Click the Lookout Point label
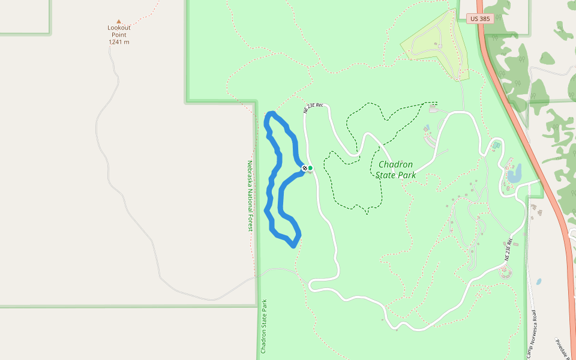[119, 31]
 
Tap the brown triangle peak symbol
[119, 22]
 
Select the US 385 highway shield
[480, 19]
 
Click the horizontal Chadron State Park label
[396, 170]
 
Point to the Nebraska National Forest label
[250, 196]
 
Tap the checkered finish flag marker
[305, 168]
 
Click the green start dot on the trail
[310, 168]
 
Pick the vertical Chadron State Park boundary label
[263, 326]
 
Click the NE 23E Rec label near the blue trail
[313, 108]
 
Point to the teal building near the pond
[496, 146]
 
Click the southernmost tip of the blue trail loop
[293, 245]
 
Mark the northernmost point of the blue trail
[271, 113]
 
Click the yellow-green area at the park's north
[435, 45]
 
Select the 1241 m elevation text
[119, 42]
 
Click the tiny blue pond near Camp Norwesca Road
[539, 281]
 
